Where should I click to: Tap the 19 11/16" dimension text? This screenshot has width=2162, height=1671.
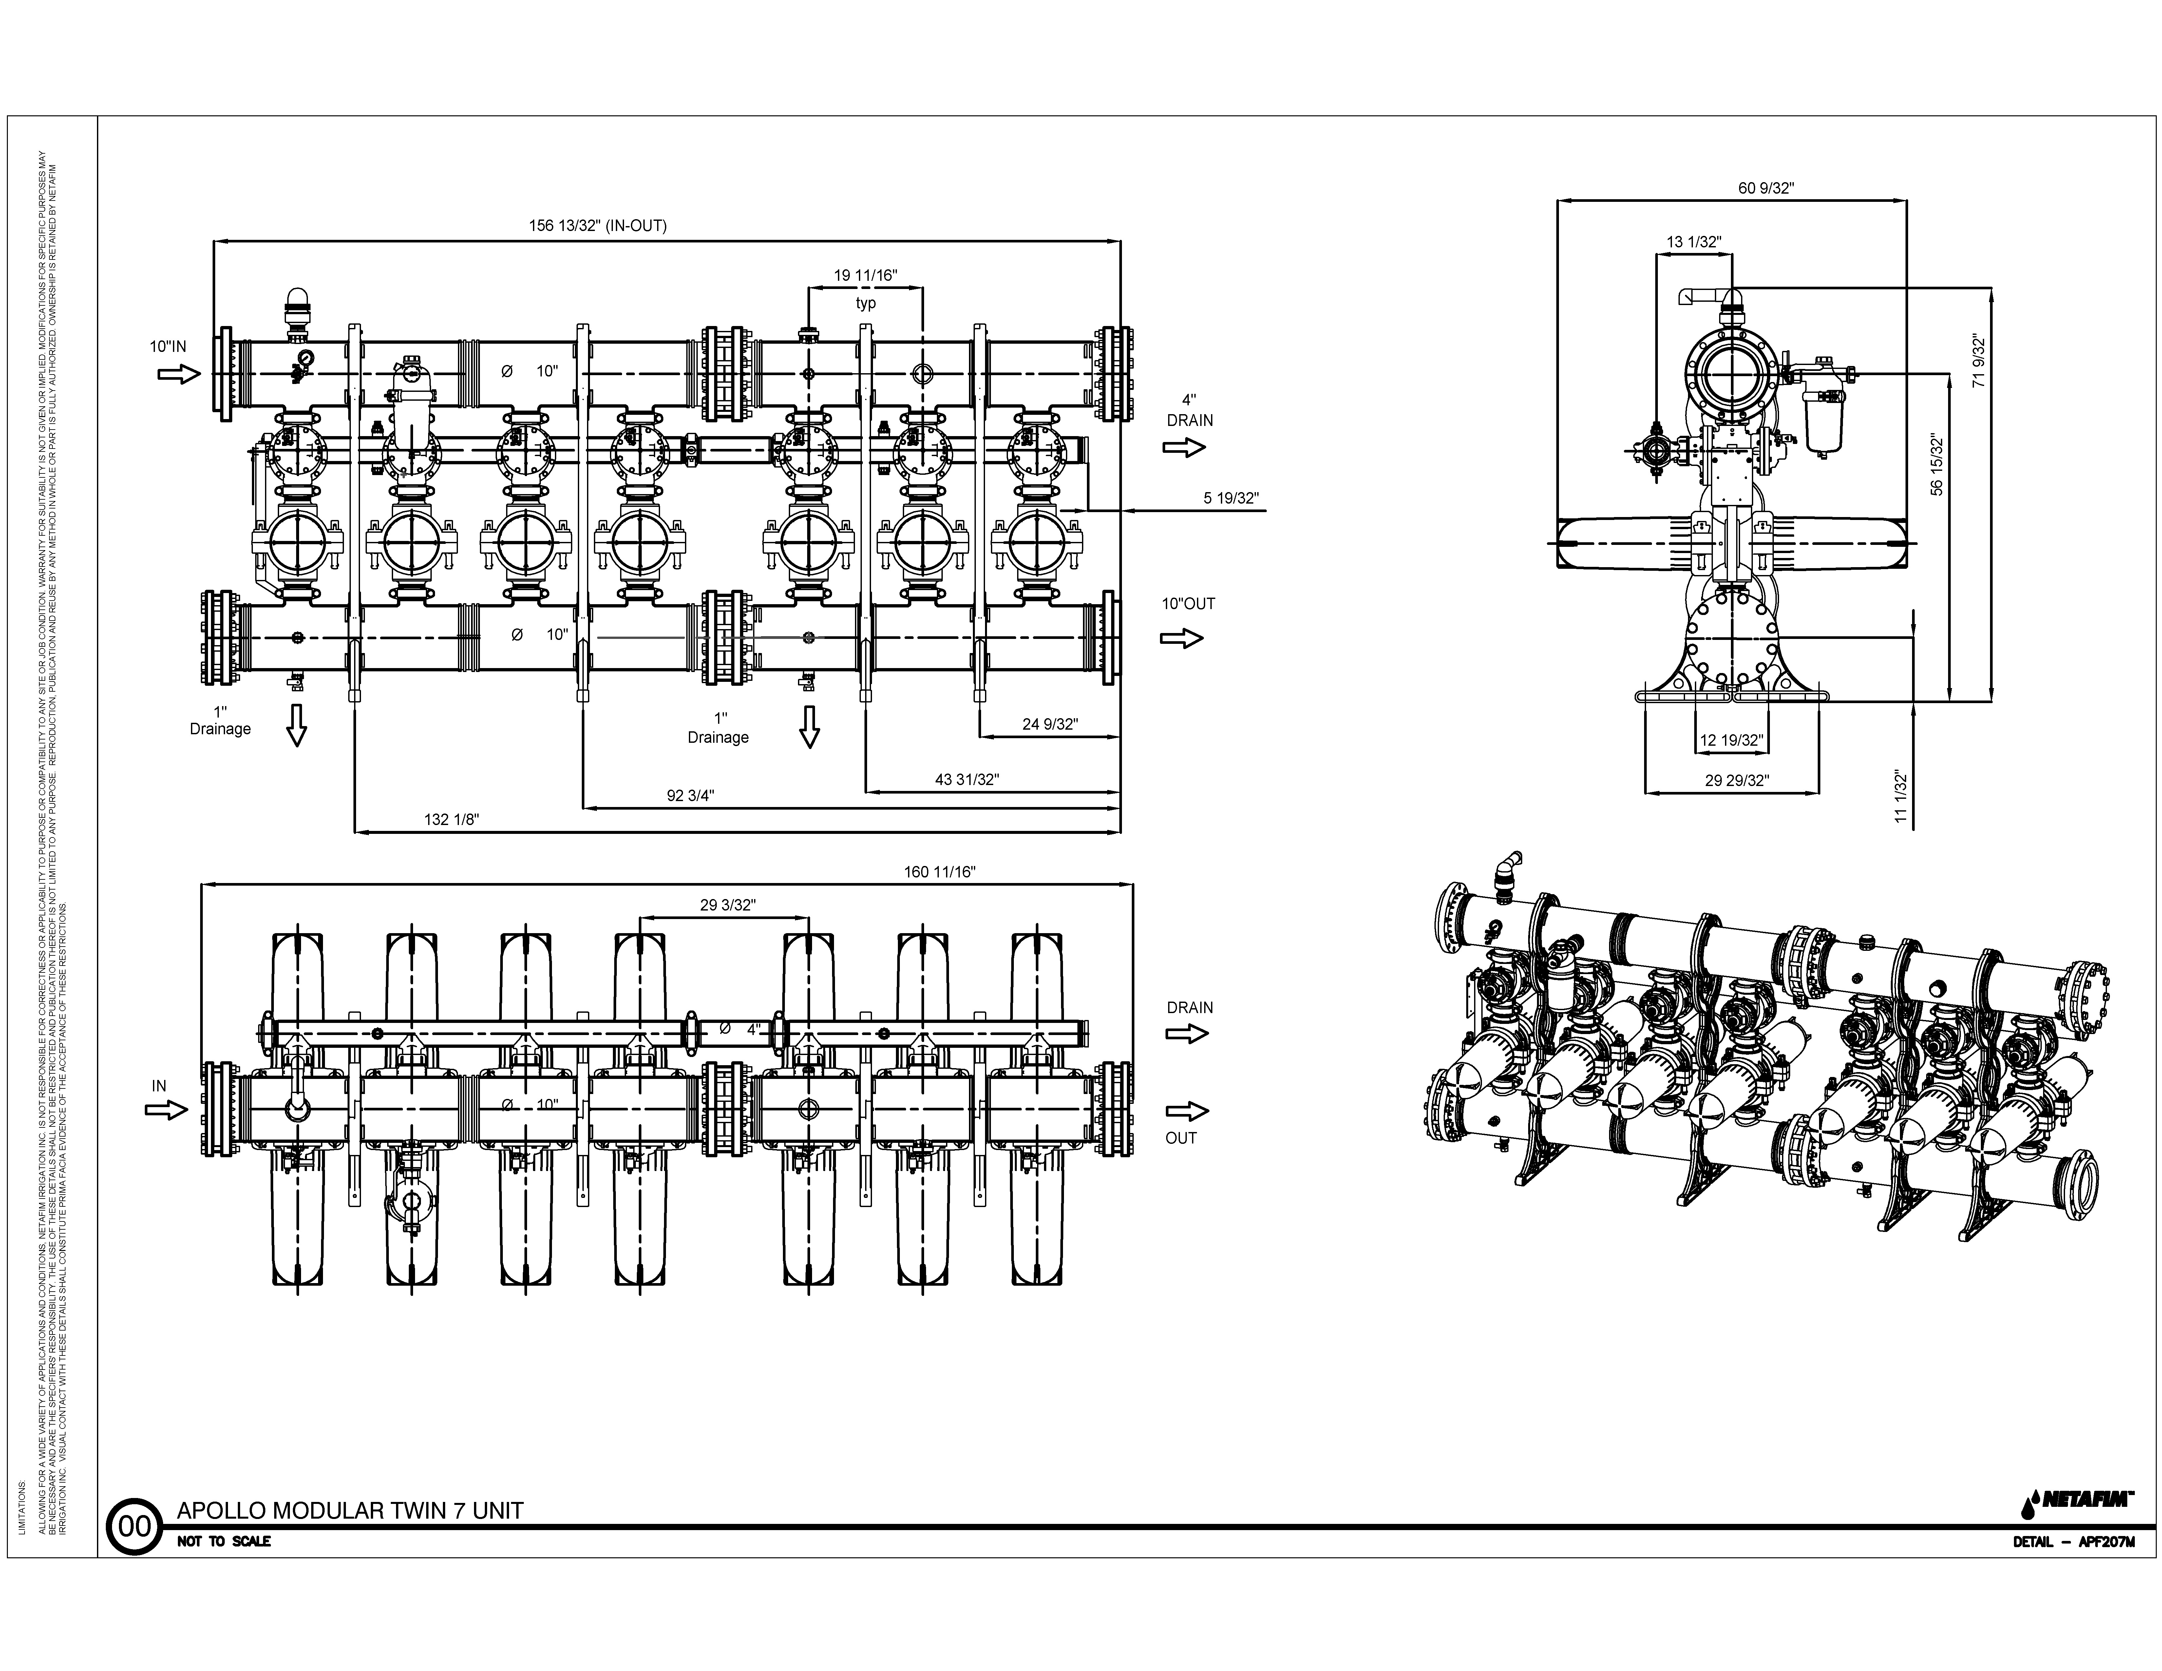[x=865, y=275]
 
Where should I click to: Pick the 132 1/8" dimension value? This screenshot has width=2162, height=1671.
[x=452, y=820]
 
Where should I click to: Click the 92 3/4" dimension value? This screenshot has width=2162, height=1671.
[x=690, y=795]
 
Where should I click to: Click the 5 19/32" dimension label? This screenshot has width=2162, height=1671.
[x=1230, y=498]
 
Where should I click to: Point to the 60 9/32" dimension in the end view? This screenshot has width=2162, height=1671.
[x=1766, y=188]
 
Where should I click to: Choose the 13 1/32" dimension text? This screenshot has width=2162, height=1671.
[x=1694, y=241]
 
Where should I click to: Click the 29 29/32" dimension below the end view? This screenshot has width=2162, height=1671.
[x=1736, y=780]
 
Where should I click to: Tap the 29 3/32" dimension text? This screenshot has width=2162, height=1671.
[x=728, y=905]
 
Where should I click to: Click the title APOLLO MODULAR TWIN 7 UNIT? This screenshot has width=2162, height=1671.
[x=350, y=1511]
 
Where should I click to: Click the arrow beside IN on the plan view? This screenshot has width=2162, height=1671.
[x=166, y=1110]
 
